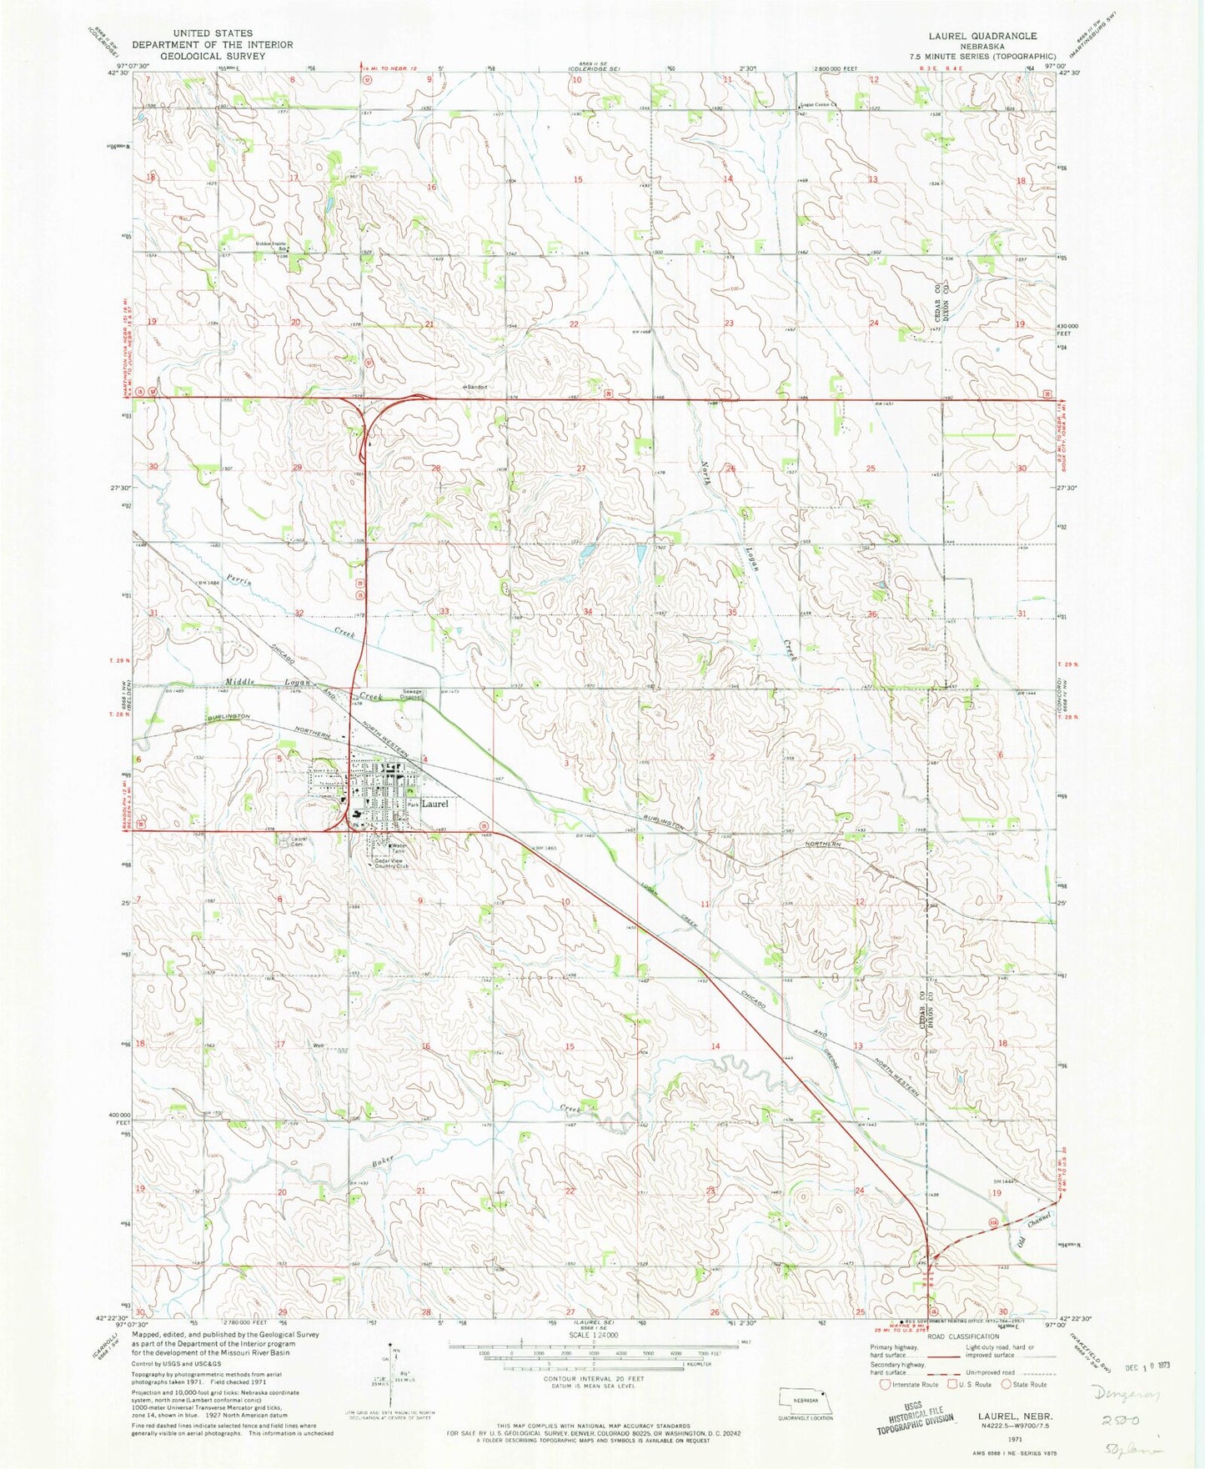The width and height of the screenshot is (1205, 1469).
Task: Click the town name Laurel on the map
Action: click(x=434, y=805)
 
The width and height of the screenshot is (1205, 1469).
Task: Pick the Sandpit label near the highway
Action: click(x=476, y=388)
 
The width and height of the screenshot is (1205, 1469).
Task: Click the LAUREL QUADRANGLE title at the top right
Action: click(x=982, y=36)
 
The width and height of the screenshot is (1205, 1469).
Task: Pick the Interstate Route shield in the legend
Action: click(x=885, y=1385)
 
